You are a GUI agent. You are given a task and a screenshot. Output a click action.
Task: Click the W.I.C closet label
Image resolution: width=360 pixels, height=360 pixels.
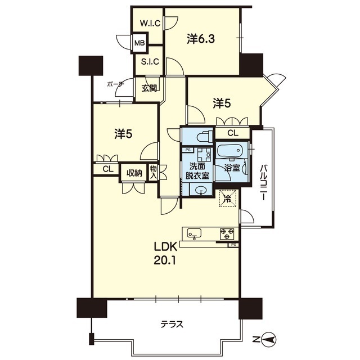coord(150,24)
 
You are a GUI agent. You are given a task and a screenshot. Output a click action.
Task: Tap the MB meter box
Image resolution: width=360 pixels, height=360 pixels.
coord(139,43)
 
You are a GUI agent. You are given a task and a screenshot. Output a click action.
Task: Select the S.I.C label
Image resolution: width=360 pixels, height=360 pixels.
coord(150,61)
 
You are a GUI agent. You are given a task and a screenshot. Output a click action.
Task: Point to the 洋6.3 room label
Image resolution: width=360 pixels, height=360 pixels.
coord(201,39)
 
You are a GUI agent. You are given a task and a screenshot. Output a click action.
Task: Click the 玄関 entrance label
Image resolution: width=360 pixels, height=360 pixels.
coord(150,88)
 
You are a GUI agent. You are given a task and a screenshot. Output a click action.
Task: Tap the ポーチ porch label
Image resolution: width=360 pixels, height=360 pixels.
coord(115,84)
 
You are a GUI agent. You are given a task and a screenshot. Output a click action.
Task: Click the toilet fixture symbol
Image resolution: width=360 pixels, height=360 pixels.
coord(205,137)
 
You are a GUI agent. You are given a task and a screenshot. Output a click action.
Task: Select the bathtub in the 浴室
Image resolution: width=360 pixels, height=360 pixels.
coord(232,150)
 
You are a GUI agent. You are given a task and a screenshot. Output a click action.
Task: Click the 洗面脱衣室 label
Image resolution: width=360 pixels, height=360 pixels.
coord(197,171)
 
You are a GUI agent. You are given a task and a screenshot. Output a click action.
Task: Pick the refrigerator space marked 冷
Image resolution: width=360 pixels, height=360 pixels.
coord(227,199)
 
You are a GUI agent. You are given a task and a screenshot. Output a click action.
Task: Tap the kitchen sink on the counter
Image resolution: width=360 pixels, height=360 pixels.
coord(194,233)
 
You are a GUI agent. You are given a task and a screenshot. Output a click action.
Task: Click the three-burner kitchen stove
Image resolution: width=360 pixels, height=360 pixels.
coord(227,234)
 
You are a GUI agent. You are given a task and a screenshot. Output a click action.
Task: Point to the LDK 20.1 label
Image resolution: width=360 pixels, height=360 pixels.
coord(165,254)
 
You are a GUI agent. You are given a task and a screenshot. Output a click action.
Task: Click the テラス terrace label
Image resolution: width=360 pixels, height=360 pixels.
coord(172,325)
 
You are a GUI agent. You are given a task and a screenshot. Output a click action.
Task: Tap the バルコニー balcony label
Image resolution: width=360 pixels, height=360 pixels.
coord(263,182)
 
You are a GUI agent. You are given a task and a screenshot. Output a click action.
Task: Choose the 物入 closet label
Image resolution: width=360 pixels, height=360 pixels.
coord(154,173)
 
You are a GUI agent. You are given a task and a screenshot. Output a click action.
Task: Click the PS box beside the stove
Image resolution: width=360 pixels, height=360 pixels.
coord(233,245)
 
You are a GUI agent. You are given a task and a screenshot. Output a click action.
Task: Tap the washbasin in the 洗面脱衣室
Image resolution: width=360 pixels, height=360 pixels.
coord(201,190)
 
